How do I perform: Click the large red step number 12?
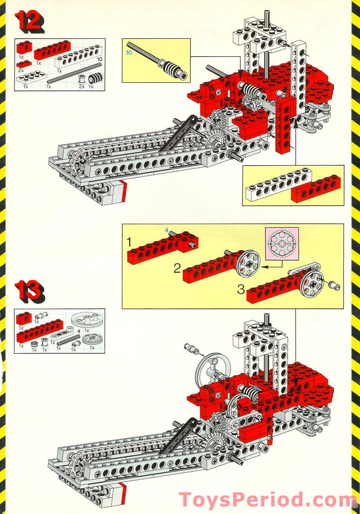tap(30, 22)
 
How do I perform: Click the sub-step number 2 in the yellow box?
tap(177, 269)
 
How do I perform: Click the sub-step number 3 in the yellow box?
tap(241, 289)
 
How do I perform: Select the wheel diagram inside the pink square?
tap(282, 243)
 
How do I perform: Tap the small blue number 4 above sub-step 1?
tap(166, 230)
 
